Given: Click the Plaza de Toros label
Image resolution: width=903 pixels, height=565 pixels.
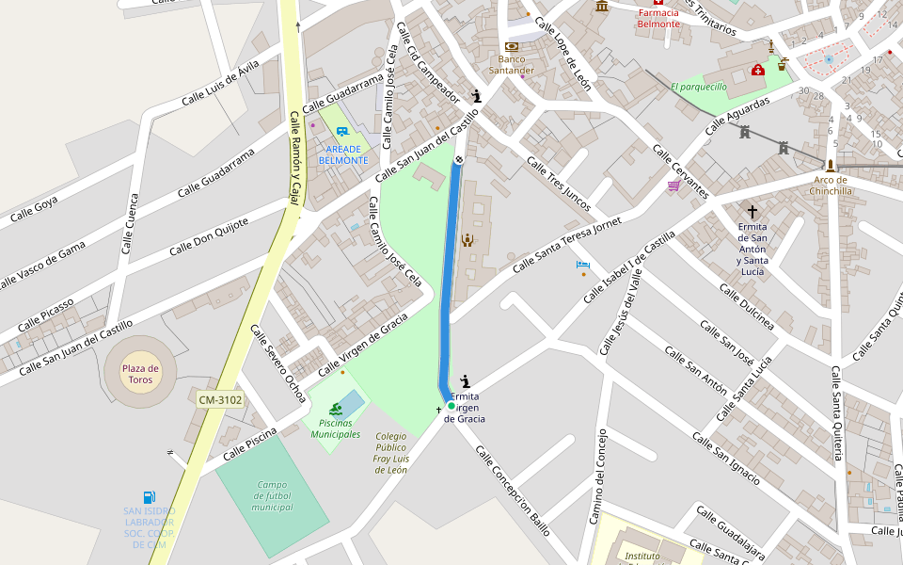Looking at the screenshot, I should click(140, 374).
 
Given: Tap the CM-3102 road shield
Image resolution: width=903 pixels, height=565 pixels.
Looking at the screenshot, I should click(220, 400).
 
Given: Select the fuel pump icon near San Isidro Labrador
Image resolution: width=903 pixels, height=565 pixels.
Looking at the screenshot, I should click(150, 497).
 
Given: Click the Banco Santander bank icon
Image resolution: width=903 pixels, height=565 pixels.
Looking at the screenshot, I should click(512, 46).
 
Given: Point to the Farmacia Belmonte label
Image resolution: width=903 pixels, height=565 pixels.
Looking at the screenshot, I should click(658, 18).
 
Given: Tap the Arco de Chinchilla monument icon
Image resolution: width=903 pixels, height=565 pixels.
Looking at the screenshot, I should click(830, 165).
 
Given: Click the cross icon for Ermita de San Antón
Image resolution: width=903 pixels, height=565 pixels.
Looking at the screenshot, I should click(751, 212).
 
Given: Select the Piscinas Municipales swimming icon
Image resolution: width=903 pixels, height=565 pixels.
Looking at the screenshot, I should click(335, 409).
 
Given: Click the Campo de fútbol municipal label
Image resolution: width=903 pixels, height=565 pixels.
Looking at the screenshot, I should click(272, 495).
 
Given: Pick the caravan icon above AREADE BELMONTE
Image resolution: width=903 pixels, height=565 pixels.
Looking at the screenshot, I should click(342, 134).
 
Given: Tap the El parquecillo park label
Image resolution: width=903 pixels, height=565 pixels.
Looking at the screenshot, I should click(699, 87).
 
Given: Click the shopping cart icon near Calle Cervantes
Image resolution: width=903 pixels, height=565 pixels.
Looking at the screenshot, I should click(673, 186).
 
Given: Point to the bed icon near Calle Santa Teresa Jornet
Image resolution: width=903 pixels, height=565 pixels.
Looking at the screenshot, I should click(583, 265).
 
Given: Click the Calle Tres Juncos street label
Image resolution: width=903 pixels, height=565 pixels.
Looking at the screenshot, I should click(559, 184).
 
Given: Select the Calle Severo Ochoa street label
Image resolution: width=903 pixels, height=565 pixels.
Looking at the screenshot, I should click(277, 363).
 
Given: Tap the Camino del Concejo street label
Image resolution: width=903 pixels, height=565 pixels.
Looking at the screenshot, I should click(597, 476).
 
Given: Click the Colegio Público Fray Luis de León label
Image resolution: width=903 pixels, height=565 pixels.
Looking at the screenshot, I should click(390, 452).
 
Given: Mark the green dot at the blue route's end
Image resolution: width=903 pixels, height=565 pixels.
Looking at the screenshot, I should click(451, 406).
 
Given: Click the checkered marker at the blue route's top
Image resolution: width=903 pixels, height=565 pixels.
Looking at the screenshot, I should click(459, 160).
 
